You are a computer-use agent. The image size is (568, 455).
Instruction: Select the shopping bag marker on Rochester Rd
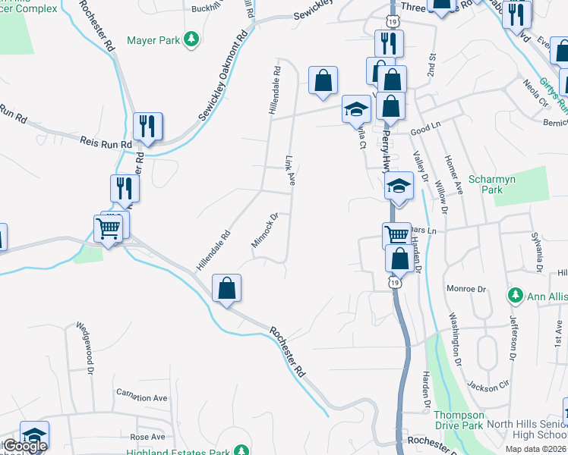[226, 289]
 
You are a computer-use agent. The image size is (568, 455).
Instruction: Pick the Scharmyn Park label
[485, 185]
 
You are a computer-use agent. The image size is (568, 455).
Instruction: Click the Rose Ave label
[147, 437]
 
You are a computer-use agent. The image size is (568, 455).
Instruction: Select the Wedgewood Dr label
[84, 348]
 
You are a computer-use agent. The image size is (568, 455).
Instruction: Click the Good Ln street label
[425, 132]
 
